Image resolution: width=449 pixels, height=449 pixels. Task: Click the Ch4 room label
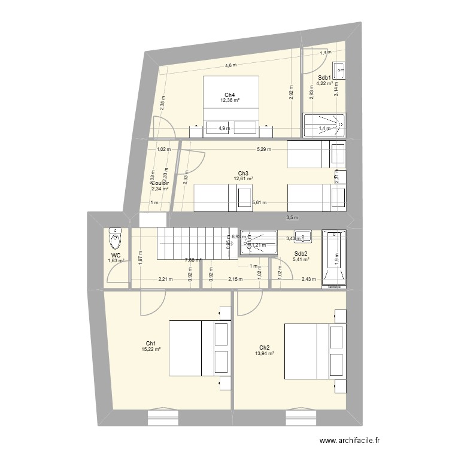[x=229, y=95]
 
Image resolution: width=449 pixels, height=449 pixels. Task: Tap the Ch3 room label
[x=243, y=174]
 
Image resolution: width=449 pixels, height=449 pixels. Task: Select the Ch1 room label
[x=151, y=343]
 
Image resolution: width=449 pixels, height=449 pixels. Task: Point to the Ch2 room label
[x=264, y=347]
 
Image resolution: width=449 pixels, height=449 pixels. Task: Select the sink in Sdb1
[x=339, y=71]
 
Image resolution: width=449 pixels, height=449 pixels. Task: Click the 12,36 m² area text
[x=229, y=101]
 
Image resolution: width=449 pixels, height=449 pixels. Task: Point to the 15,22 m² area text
[x=151, y=349]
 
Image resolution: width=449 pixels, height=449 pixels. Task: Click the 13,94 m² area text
[x=264, y=354]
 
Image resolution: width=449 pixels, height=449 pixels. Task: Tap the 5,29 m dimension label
[x=263, y=150]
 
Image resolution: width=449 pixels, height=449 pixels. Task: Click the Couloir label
[x=160, y=183]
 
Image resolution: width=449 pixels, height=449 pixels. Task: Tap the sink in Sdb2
[x=302, y=235]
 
